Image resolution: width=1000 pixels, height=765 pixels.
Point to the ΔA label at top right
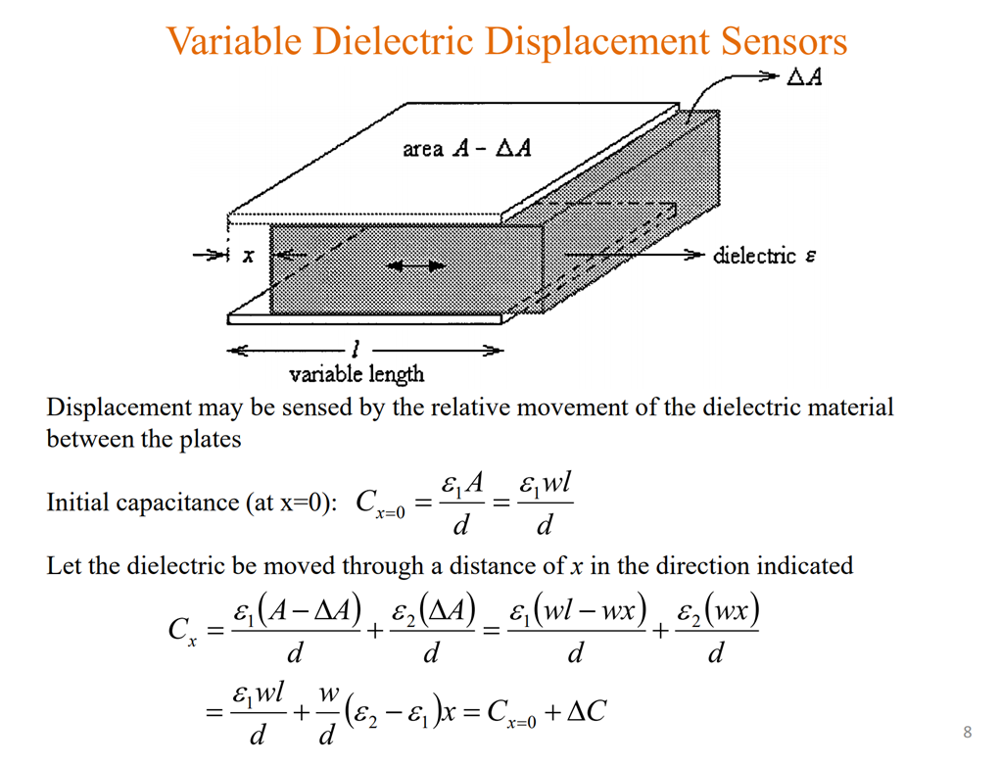coord(804,77)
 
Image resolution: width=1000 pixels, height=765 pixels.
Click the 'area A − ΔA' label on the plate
coord(467,149)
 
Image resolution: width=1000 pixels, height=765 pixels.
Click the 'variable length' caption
coord(357,373)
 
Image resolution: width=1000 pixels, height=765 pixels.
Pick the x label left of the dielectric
coord(248,257)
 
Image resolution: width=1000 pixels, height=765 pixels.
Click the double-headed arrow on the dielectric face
coord(416,264)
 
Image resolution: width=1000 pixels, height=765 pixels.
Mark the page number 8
coord(968,733)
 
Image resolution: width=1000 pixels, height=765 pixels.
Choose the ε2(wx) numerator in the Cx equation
coord(717,614)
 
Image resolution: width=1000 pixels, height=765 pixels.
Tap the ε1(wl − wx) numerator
coord(576,614)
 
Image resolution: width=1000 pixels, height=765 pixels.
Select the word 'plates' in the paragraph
coord(211,439)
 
